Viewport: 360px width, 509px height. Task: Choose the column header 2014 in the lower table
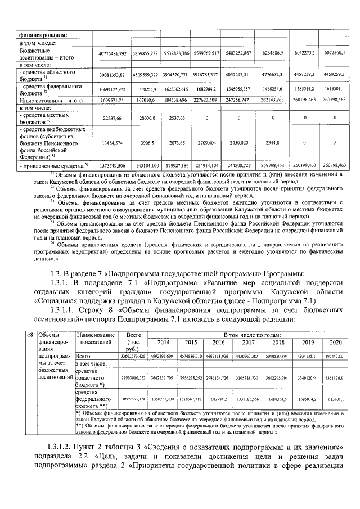[x=163, y=342]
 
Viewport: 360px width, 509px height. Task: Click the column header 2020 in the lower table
[x=335, y=342]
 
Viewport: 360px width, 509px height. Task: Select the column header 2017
[x=248, y=342]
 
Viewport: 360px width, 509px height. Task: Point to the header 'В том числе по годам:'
[x=249, y=334]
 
